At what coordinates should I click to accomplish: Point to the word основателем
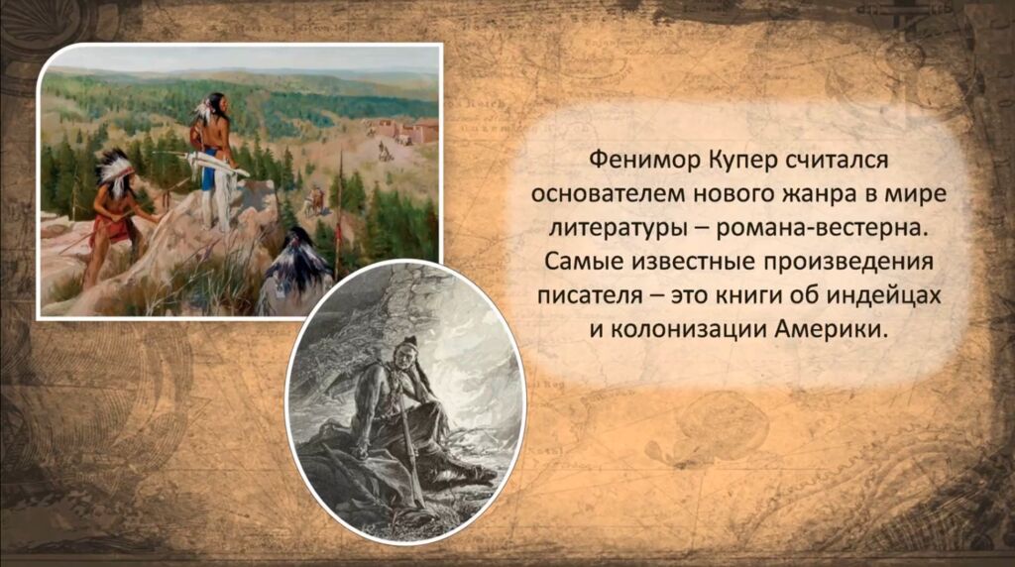point(610,194)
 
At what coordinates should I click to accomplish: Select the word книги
point(748,295)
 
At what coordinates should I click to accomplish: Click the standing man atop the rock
point(213,160)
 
